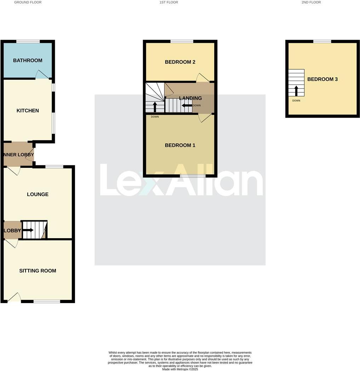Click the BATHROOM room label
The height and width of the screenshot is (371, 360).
point(28,61)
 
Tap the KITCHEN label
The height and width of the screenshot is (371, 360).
point(28,111)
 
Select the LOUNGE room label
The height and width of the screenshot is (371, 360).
point(38,194)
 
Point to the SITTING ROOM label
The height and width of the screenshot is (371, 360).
point(38,271)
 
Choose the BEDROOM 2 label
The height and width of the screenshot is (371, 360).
point(180,62)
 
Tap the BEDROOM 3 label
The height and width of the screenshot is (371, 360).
point(322,79)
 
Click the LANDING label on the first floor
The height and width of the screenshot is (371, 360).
point(190,98)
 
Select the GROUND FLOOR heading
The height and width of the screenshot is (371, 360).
point(28,2)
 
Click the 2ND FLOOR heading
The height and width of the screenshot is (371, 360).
point(311,2)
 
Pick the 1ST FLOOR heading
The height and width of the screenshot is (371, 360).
point(168,2)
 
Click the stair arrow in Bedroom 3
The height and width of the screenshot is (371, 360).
point(296,90)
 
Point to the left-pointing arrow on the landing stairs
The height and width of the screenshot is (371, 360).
point(187,105)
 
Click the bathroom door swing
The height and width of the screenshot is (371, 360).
point(42,75)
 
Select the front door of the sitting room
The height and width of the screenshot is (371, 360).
point(14,298)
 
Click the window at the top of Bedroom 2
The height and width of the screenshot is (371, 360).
point(182,41)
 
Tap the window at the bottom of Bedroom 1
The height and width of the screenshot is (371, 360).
point(192,176)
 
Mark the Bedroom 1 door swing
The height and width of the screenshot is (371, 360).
point(205,118)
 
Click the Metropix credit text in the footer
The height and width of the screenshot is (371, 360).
point(180,369)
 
